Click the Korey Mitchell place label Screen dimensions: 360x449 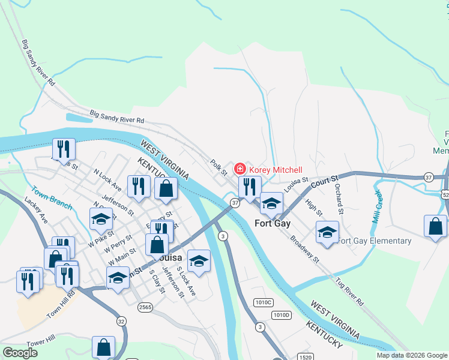(276, 170)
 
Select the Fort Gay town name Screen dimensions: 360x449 (272, 223)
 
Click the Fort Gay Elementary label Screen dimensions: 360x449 (375, 241)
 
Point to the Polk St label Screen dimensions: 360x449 (218, 167)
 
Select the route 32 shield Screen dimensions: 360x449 (121, 321)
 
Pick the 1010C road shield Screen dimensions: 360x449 (263, 302)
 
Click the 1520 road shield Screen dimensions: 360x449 (306, 357)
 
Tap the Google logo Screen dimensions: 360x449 (20, 353)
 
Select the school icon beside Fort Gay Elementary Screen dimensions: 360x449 (327, 232)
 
